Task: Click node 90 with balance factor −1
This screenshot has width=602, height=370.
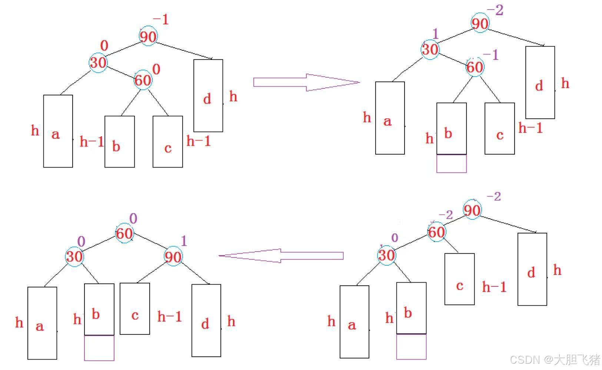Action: point(148,37)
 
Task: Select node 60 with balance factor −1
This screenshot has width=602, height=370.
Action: point(475,67)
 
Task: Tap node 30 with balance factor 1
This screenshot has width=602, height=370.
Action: point(430,49)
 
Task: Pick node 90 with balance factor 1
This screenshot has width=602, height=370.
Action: point(173,256)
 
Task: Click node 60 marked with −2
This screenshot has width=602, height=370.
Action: point(436,232)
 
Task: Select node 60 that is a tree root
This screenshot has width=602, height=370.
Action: point(124,233)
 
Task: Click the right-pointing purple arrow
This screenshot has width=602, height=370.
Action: point(306,82)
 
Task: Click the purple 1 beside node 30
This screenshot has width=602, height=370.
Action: point(435,34)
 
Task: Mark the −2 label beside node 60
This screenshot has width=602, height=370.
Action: point(446,215)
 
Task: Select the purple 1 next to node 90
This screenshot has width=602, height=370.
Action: point(184,241)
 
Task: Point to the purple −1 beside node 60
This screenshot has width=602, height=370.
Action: point(491,55)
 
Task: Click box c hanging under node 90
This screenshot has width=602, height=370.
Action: point(135,309)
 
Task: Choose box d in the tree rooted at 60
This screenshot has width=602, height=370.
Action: point(206,320)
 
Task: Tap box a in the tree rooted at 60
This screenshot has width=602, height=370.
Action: point(42,323)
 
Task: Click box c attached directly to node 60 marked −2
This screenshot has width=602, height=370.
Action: point(459,279)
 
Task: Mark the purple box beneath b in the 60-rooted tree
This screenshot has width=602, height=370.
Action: point(99,348)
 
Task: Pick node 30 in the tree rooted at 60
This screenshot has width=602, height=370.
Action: point(74,256)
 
